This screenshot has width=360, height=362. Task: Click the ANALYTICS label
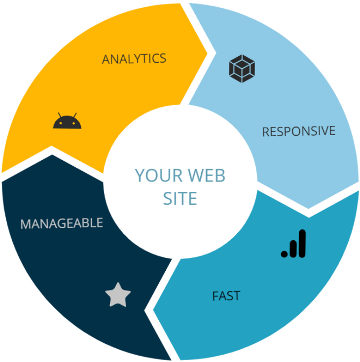[134, 59]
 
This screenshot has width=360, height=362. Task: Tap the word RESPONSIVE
[298, 131]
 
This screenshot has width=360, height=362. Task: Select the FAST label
[226, 296]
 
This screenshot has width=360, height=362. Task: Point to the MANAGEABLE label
[62, 223]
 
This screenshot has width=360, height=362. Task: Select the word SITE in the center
[180, 198]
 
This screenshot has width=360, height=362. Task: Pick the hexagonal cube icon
[242, 69]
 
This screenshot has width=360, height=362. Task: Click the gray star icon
[118, 294]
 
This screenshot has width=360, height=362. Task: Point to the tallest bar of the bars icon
[302, 243]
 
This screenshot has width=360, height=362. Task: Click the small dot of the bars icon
[284, 254]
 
